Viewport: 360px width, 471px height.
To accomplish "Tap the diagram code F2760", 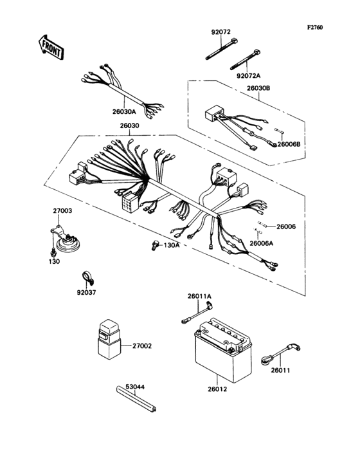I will coord(315,28).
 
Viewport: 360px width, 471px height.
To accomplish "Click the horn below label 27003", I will coord(64,242).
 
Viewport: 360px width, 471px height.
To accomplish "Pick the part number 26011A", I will coord(199,296).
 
